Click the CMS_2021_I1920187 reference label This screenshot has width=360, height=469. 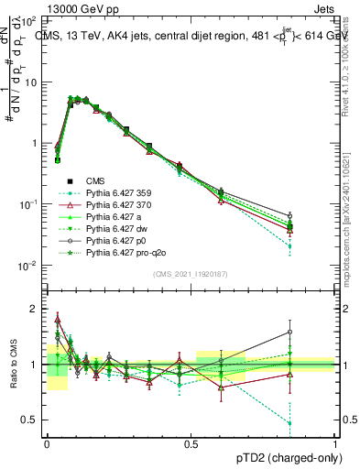tap(191, 274)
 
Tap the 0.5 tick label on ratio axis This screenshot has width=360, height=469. tap(32, 420)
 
